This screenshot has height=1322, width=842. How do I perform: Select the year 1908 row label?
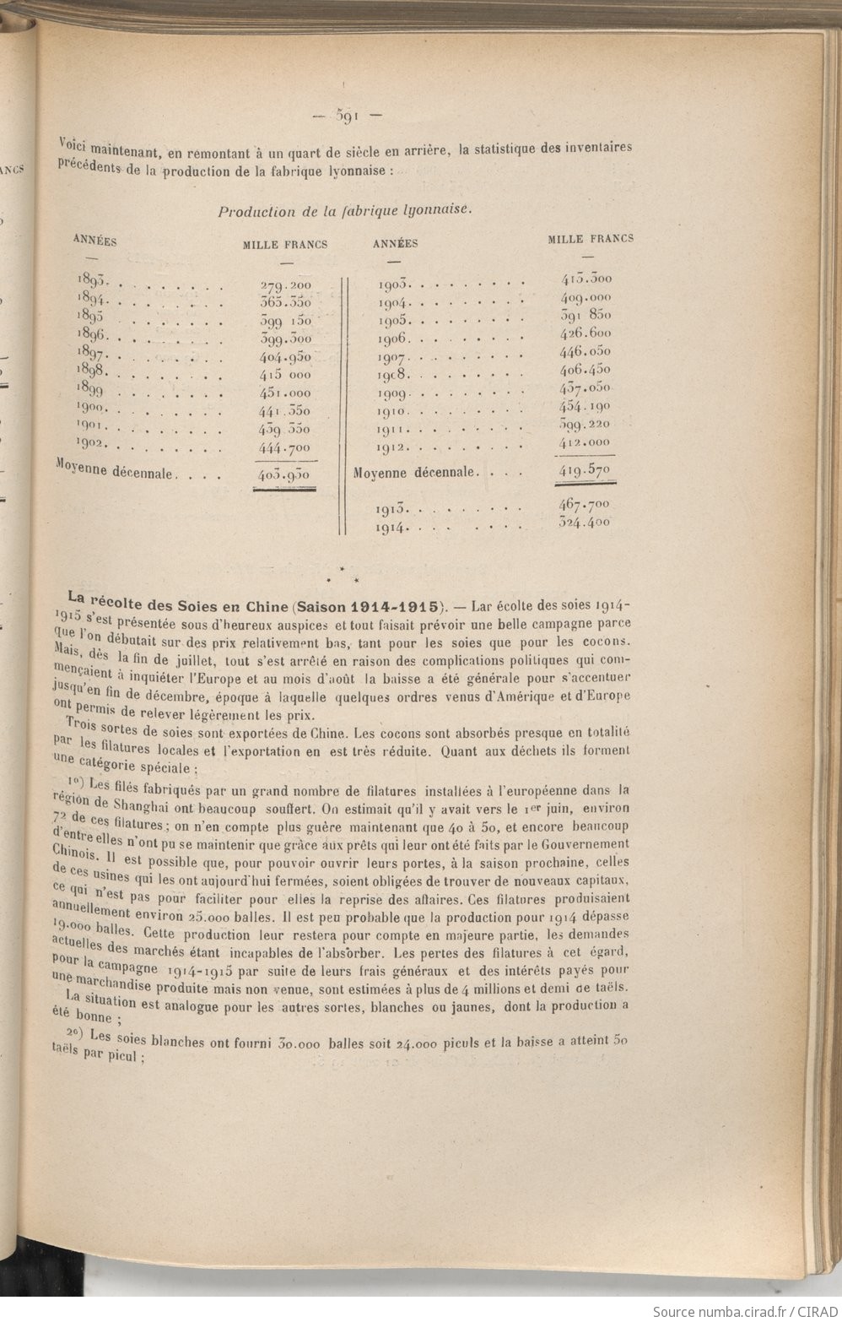pyautogui.click(x=393, y=374)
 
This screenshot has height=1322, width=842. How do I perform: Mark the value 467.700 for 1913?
pyautogui.click(x=586, y=504)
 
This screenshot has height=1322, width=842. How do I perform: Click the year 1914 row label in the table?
pyautogui.click(x=393, y=528)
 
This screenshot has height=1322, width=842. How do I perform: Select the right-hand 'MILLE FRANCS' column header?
pyautogui.click(x=590, y=239)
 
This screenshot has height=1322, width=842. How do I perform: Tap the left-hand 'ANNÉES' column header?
pyautogui.click(x=94, y=240)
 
